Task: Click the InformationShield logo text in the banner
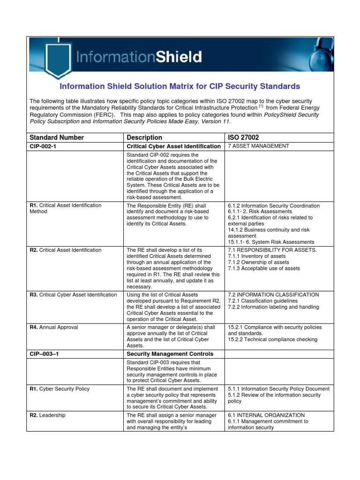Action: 139,57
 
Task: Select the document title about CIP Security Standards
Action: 180,87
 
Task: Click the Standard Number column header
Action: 57,137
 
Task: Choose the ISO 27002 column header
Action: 243,137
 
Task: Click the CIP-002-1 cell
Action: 45,147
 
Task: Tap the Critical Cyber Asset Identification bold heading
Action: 173,147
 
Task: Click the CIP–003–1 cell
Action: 45,354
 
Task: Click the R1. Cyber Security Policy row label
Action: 60,389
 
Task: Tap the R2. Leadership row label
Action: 47,415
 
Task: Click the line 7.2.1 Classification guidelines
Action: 262,301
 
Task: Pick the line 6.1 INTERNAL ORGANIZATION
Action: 266,415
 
